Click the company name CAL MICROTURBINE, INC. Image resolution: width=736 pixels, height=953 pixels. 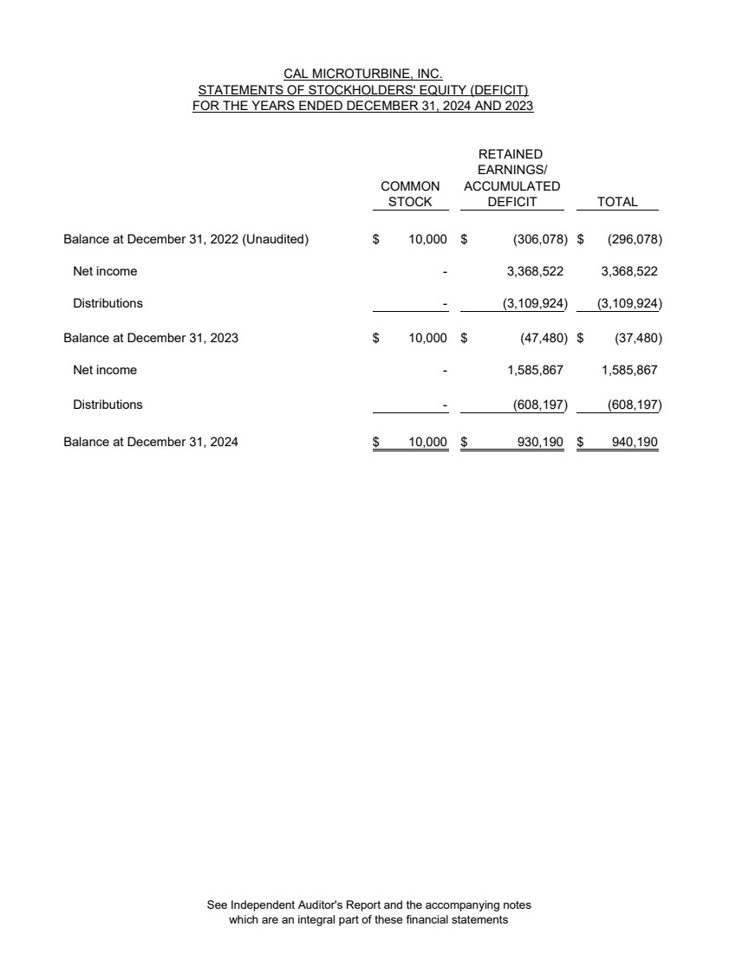tap(363, 75)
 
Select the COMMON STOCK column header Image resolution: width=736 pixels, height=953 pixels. tap(410, 194)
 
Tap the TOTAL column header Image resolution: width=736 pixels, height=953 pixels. tap(617, 202)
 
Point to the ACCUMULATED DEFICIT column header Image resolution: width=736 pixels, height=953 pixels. tap(511, 186)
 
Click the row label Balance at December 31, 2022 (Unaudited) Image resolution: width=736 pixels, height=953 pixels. tap(186, 239)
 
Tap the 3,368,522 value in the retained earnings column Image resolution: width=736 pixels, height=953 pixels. tap(534, 271)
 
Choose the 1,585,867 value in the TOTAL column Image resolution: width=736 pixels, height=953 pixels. tap(629, 370)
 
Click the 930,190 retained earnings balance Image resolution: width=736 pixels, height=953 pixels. tap(540, 442)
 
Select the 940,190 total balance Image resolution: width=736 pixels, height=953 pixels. tap(635, 442)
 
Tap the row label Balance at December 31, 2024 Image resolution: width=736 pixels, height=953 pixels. tap(151, 442)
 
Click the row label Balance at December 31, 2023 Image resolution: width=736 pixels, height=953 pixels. tap(151, 338)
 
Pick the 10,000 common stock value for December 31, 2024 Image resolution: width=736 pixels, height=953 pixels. tap(428, 442)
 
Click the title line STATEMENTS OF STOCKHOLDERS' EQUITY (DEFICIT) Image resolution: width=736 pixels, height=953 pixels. tap(363, 91)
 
